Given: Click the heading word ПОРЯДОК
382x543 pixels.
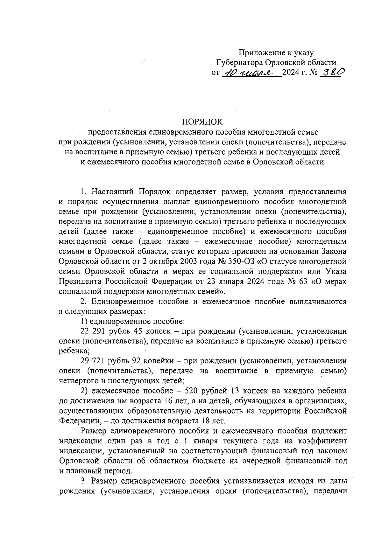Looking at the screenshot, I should click(x=202, y=122).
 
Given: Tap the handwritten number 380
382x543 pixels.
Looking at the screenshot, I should click(x=331, y=73).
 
